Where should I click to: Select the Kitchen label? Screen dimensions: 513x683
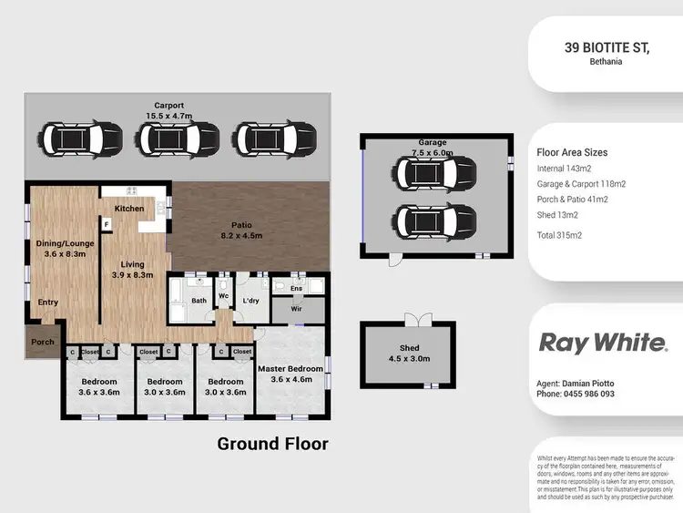(129, 209)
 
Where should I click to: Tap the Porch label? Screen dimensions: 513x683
(43, 343)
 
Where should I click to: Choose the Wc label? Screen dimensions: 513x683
(223, 295)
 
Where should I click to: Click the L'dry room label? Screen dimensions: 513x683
(251, 300)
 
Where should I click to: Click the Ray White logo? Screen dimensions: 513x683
(603, 343)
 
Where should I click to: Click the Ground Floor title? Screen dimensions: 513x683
(272, 444)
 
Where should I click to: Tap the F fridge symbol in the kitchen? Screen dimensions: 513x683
(107, 224)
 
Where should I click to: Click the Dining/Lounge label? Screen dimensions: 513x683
(64, 243)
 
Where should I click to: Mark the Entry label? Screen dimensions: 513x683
(47, 303)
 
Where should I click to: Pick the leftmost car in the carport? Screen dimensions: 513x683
(86, 139)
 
